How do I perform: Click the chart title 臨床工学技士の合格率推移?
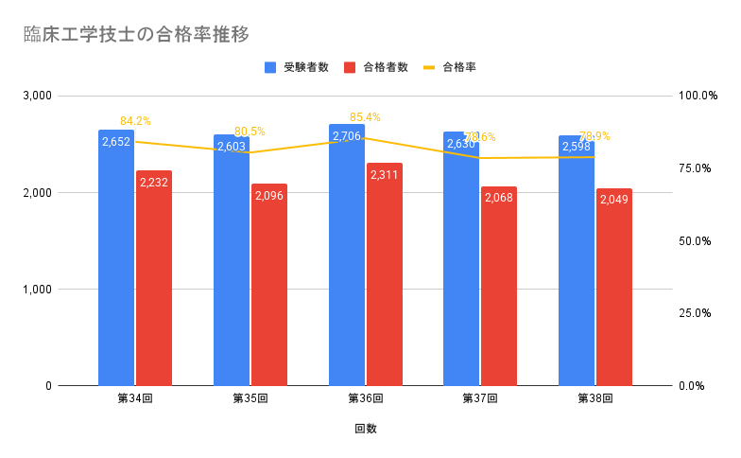pyautogui.click(x=137, y=35)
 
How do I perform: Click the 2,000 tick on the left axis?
pyautogui.click(x=37, y=193)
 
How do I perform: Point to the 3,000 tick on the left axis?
pyautogui.click(x=37, y=97)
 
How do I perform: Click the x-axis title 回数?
pyautogui.click(x=366, y=429)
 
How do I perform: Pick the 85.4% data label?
pyautogui.click(x=365, y=117)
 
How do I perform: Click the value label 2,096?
pyautogui.click(x=269, y=196)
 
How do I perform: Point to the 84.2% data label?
pyautogui.click(x=135, y=121)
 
